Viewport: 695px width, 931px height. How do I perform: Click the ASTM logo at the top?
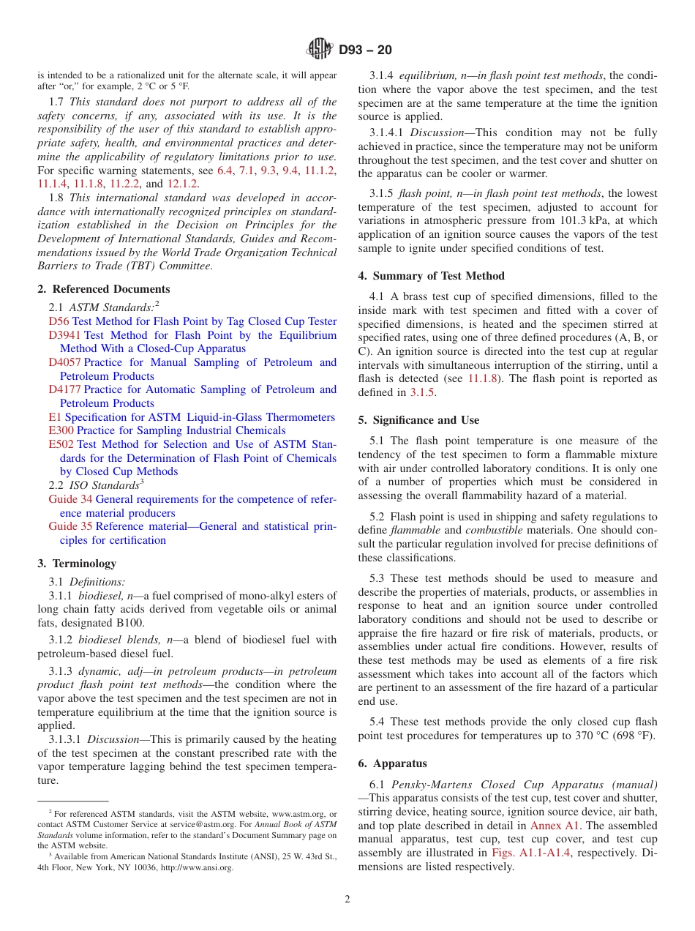pyautogui.click(x=320, y=49)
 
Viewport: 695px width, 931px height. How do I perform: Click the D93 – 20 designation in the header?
pyautogui.click(x=365, y=50)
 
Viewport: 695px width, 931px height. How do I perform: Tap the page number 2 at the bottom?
pyautogui.click(x=347, y=900)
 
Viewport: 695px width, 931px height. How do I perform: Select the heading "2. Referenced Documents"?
pyautogui.click(x=104, y=289)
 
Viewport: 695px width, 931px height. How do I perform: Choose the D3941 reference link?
pyautogui.click(x=65, y=335)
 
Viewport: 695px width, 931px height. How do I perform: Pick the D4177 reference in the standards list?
pyautogui.click(x=65, y=389)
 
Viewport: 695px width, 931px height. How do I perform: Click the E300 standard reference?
pyautogui.click(x=61, y=430)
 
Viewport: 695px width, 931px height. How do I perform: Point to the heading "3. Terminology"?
pyautogui.click(x=77, y=564)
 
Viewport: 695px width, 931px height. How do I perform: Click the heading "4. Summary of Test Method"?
pyautogui.click(x=431, y=276)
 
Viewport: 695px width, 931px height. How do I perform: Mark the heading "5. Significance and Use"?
pyautogui.click(x=418, y=420)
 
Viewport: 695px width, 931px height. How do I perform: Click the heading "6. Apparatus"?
pyautogui.click(x=392, y=763)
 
